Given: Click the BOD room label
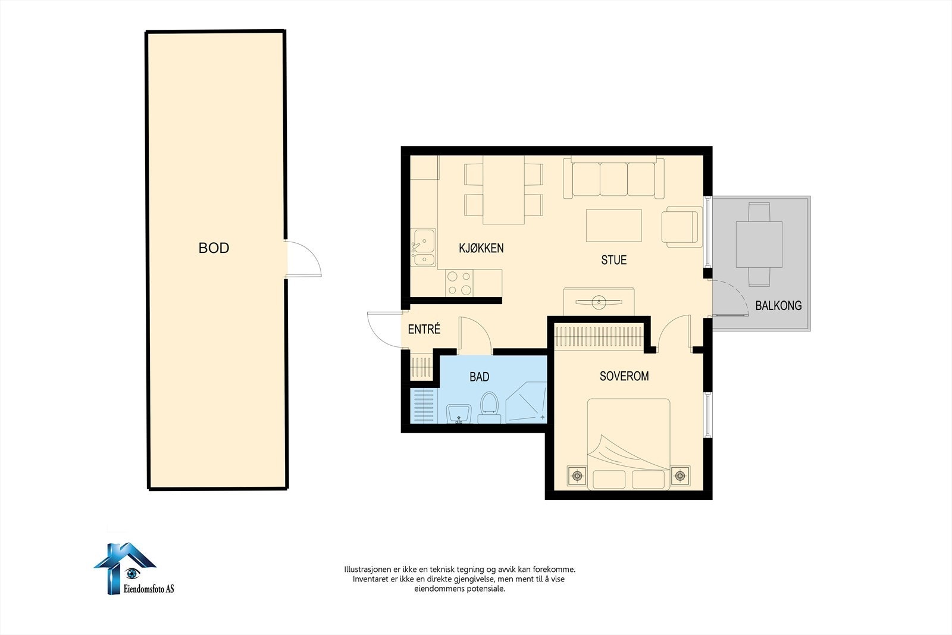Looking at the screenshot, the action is (214, 248).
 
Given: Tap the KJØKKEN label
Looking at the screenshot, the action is (481, 248).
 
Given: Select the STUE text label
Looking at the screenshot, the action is (613, 260).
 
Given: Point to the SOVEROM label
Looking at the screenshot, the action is (624, 376).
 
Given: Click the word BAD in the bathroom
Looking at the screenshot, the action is (480, 377).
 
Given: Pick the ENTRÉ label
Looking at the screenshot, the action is (424, 329).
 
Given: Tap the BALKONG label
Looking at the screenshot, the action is (778, 306).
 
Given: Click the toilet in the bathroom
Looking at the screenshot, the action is (489, 407).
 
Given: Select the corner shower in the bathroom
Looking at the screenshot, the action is (526, 402).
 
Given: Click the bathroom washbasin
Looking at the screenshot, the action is (459, 414).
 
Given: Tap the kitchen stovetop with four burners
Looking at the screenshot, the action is (459, 283).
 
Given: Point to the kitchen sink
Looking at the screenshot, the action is (423, 248).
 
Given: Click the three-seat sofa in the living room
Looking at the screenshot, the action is (613, 178).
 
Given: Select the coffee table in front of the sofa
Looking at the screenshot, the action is (613, 226).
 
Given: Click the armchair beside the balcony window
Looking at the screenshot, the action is (682, 227).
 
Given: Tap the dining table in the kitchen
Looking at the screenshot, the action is (503, 190).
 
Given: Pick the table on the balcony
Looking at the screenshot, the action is (759, 245).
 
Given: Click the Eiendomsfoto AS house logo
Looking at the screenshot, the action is (126, 568).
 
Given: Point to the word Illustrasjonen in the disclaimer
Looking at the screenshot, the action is (368, 569).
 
